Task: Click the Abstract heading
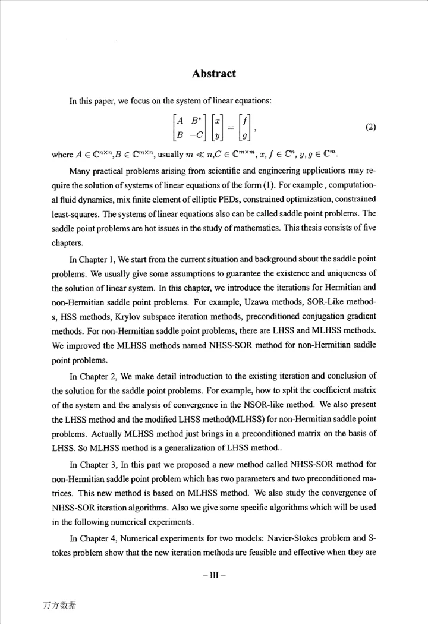pyautogui.click(x=214, y=74)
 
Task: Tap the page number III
pyautogui.click(x=214, y=575)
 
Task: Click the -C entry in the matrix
pyautogui.click(x=199, y=135)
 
